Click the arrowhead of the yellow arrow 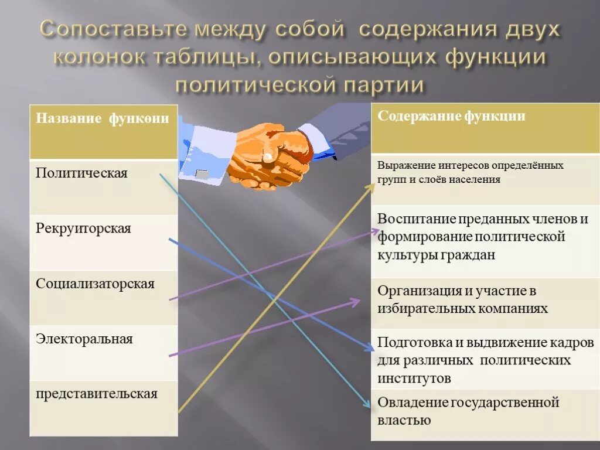coord(370,187)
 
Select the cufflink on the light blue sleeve coord(202,174)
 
